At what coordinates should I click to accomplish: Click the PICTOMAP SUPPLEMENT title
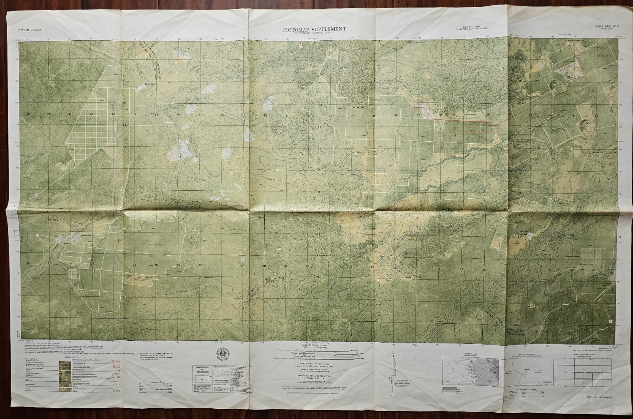pyautogui.click(x=314, y=29)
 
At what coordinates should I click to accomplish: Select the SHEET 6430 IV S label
pyautogui.click(x=606, y=27)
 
